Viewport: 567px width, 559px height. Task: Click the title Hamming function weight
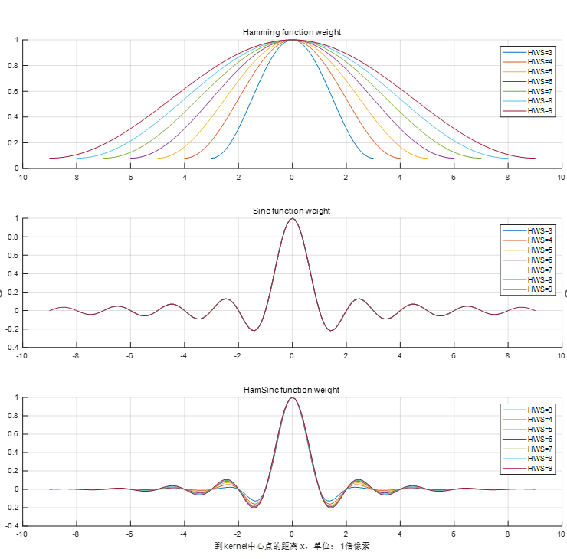[291, 32]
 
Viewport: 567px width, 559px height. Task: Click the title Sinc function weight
[291, 211]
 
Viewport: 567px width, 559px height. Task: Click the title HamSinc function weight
[291, 390]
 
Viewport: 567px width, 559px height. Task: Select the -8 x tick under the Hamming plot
[75, 177]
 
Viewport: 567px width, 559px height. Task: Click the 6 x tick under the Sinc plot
[454, 355]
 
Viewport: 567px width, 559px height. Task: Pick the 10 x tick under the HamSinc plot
[562, 534]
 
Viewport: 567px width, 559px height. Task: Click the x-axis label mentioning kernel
[293, 546]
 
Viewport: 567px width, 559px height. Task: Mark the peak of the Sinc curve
[291, 219]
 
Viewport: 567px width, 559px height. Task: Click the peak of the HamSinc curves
[291, 397]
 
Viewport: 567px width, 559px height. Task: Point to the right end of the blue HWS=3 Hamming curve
[372, 158]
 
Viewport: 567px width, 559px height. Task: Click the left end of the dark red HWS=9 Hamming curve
[49, 158]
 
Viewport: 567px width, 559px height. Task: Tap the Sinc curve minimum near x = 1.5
[330, 330]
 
